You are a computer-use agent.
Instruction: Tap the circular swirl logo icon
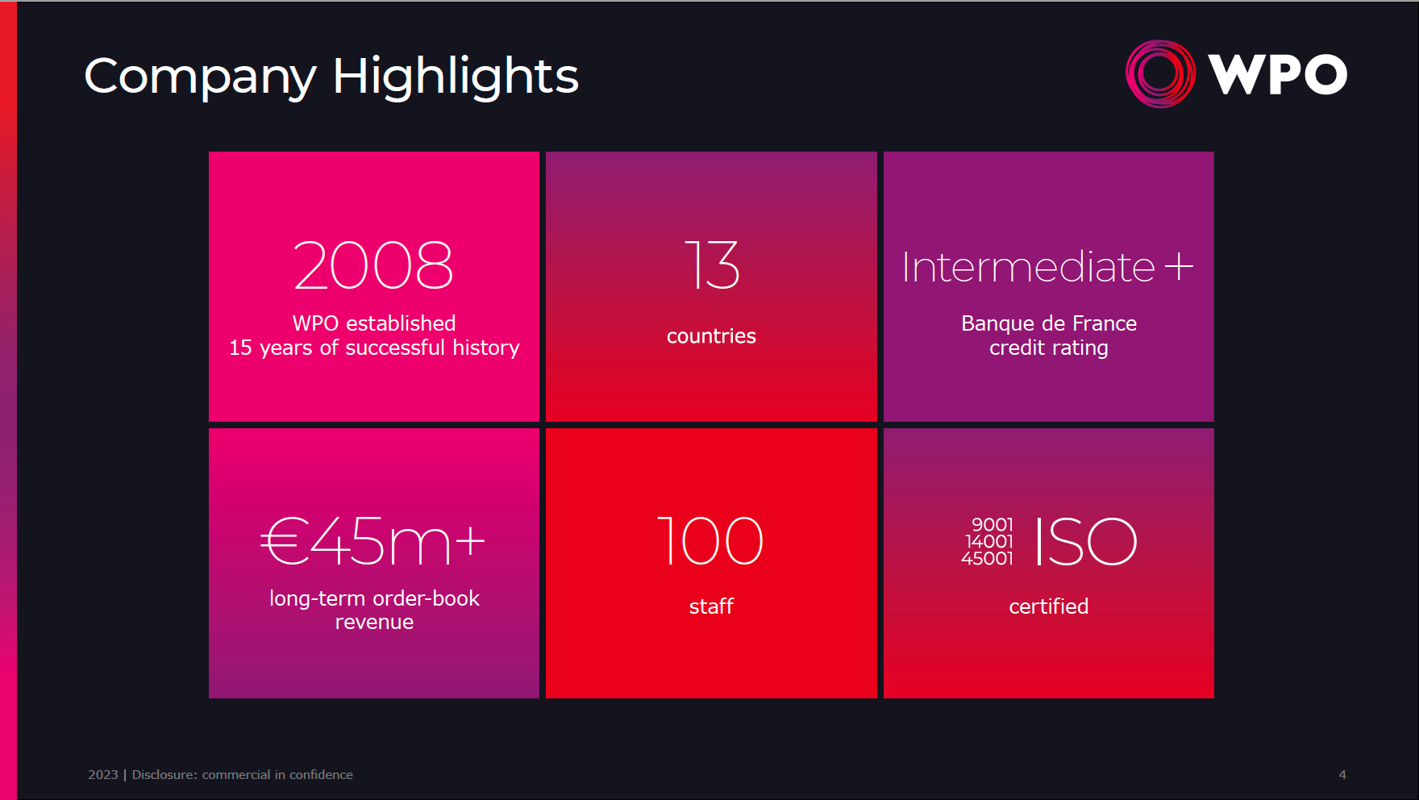pos(1160,73)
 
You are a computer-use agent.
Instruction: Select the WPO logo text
pos(1277,74)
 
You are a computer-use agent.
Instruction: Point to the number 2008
pos(374,265)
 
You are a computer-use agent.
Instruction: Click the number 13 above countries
pos(711,265)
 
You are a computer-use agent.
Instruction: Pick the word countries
pos(711,336)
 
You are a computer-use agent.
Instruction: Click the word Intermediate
pos(1028,267)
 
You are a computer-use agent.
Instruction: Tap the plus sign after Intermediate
pos(1179,267)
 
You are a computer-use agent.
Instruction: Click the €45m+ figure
pos(373,541)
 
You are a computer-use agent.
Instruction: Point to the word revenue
pos(374,623)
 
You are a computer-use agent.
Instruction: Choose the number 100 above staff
pos(710,541)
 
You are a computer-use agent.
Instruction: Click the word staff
pos(711,606)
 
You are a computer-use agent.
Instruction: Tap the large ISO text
pos(1086,542)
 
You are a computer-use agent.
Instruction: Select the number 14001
pos(989,542)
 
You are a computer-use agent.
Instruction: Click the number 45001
pos(987,559)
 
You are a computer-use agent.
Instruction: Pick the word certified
pos(1049,606)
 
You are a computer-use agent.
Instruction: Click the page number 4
pos(1342,775)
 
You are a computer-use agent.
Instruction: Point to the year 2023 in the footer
pos(103,775)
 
